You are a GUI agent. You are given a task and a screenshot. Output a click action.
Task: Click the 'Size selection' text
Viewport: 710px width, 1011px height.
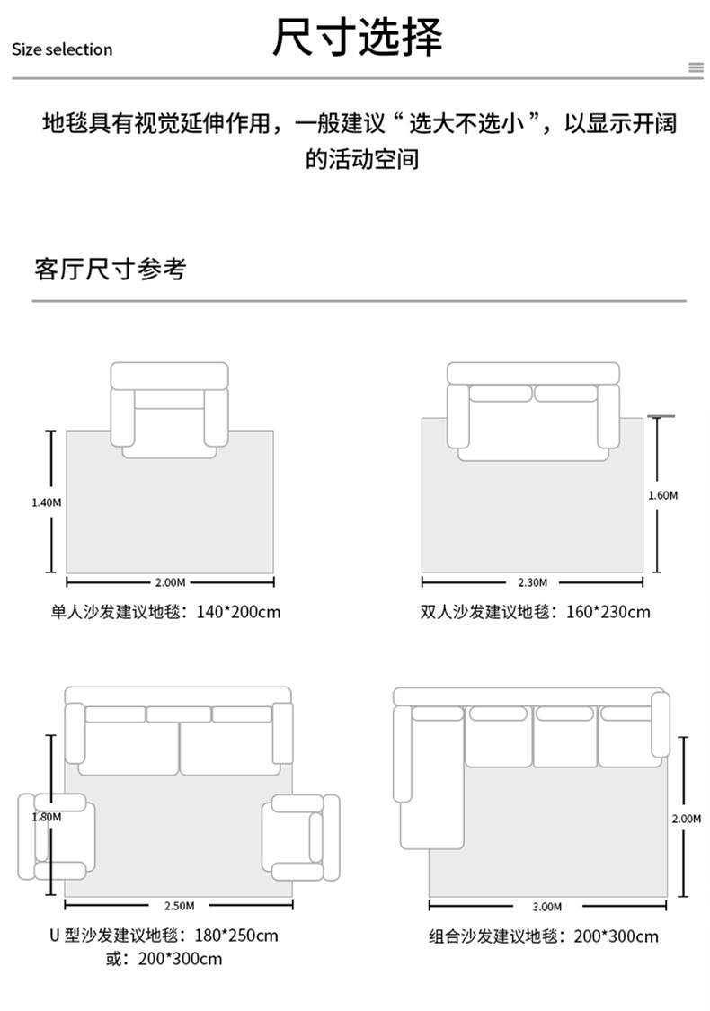pyautogui.click(x=62, y=49)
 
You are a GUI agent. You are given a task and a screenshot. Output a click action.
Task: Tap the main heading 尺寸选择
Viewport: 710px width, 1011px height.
pyautogui.click(x=358, y=38)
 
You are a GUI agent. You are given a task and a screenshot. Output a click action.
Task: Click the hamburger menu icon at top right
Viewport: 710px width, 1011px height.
pyautogui.click(x=695, y=67)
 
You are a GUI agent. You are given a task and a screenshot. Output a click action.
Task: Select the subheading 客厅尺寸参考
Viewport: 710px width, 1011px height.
pyautogui.click(x=111, y=269)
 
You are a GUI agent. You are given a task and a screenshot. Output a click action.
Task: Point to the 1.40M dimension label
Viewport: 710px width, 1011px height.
pyautogui.click(x=46, y=502)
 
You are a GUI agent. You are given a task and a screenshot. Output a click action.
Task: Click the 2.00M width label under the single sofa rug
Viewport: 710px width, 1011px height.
pyautogui.click(x=169, y=582)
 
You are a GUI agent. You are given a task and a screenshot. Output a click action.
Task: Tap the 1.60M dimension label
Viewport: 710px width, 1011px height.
pyautogui.click(x=662, y=495)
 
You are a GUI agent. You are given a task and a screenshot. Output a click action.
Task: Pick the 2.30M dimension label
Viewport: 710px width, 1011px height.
pyautogui.click(x=533, y=582)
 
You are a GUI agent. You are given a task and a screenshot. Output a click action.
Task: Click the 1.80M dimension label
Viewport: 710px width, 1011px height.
pyautogui.click(x=46, y=817)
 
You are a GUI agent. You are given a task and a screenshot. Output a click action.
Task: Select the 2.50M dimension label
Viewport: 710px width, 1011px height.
pyautogui.click(x=180, y=905)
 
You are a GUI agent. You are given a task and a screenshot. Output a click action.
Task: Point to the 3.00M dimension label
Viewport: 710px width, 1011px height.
pyautogui.click(x=546, y=906)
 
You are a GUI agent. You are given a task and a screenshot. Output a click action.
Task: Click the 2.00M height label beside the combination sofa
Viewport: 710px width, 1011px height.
pyautogui.click(x=686, y=819)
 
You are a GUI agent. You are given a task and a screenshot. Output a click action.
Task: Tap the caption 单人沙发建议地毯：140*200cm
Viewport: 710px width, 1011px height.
pyautogui.click(x=165, y=612)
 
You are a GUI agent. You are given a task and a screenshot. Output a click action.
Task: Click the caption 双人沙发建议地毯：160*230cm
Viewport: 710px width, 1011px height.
pyautogui.click(x=535, y=612)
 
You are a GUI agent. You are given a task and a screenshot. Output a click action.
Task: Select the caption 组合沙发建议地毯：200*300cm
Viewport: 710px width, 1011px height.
pyautogui.click(x=543, y=936)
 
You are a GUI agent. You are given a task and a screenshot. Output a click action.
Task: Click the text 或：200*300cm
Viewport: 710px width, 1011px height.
pyautogui.click(x=164, y=959)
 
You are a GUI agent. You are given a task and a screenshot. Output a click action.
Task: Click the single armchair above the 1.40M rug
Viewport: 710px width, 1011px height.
pyautogui.click(x=169, y=410)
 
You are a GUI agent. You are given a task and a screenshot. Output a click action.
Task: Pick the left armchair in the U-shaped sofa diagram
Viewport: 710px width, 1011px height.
pyautogui.click(x=57, y=837)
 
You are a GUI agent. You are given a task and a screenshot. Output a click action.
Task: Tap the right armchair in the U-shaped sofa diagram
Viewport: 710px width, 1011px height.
pyautogui.click(x=300, y=837)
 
